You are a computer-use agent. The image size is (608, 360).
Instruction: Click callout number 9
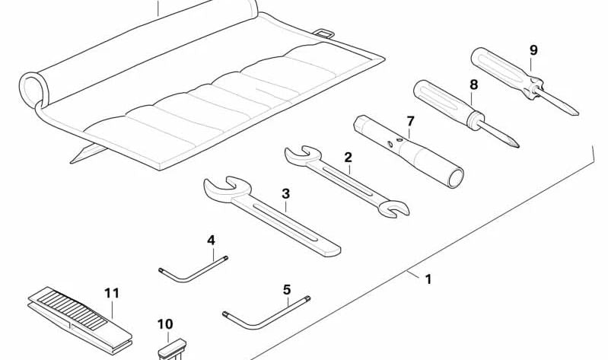point(533,50)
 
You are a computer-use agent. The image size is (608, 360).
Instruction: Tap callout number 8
point(474,84)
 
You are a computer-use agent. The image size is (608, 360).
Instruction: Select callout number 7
point(410,121)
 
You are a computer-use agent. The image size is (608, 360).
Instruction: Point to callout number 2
point(349,157)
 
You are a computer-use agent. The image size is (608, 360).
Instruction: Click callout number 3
point(286,193)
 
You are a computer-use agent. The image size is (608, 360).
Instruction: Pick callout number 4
point(211,241)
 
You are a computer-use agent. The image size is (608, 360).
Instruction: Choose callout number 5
point(287,289)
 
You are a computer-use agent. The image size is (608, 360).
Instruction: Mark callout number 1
point(428,279)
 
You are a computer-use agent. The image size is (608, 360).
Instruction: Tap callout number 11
point(112,293)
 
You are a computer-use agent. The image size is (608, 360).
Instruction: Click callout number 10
point(165,323)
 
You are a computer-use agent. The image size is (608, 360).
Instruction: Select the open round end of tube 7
point(456,178)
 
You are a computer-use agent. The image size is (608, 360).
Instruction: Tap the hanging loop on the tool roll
point(324,33)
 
